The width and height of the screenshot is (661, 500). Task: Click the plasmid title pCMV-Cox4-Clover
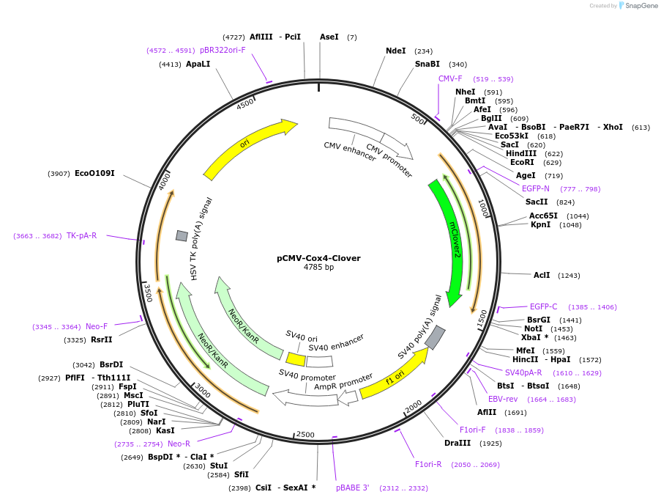click(x=318, y=258)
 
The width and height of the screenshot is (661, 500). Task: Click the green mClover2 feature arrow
click(x=451, y=242)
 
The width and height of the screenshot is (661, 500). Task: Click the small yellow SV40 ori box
click(x=296, y=359)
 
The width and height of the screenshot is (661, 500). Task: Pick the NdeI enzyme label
click(x=395, y=51)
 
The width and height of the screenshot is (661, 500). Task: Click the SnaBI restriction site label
click(x=427, y=64)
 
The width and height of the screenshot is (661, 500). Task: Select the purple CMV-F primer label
click(x=450, y=78)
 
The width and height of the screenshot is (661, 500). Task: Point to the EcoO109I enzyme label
click(x=94, y=173)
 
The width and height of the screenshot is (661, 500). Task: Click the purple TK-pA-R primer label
click(x=81, y=235)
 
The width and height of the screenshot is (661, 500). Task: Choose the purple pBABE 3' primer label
click(x=353, y=488)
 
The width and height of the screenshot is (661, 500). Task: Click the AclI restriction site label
click(x=542, y=275)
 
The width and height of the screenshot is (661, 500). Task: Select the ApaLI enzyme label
click(x=198, y=64)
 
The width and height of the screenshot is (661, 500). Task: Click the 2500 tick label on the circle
click(x=305, y=435)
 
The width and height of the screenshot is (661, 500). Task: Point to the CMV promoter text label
click(x=389, y=161)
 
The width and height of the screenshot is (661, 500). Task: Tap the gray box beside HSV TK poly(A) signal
click(x=182, y=235)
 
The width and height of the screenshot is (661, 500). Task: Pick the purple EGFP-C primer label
click(x=543, y=306)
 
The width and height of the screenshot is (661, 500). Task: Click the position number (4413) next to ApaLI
click(x=170, y=65)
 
